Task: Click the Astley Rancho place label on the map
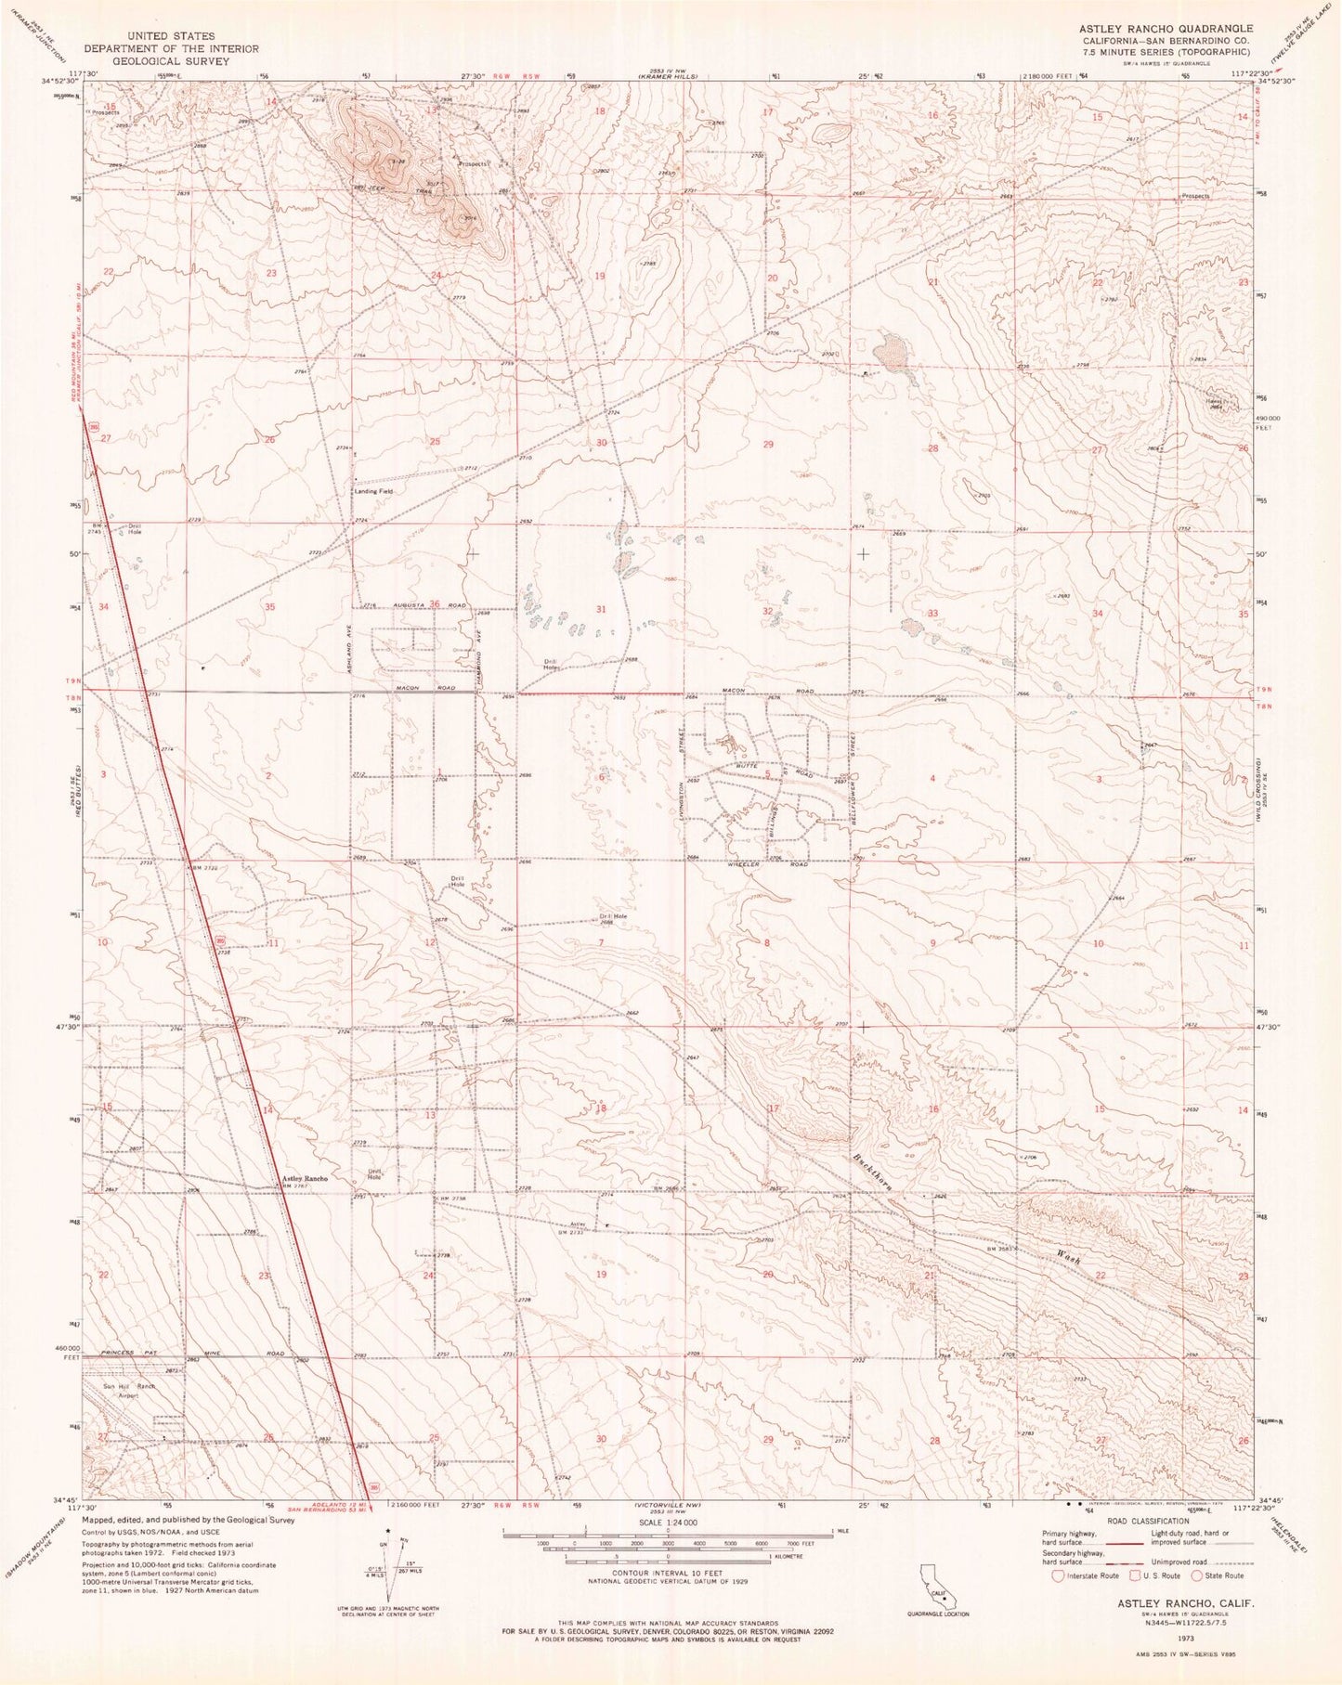pos(305,1179)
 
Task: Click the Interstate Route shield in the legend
pos(1058,1575)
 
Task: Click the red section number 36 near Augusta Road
pos(435,604)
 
